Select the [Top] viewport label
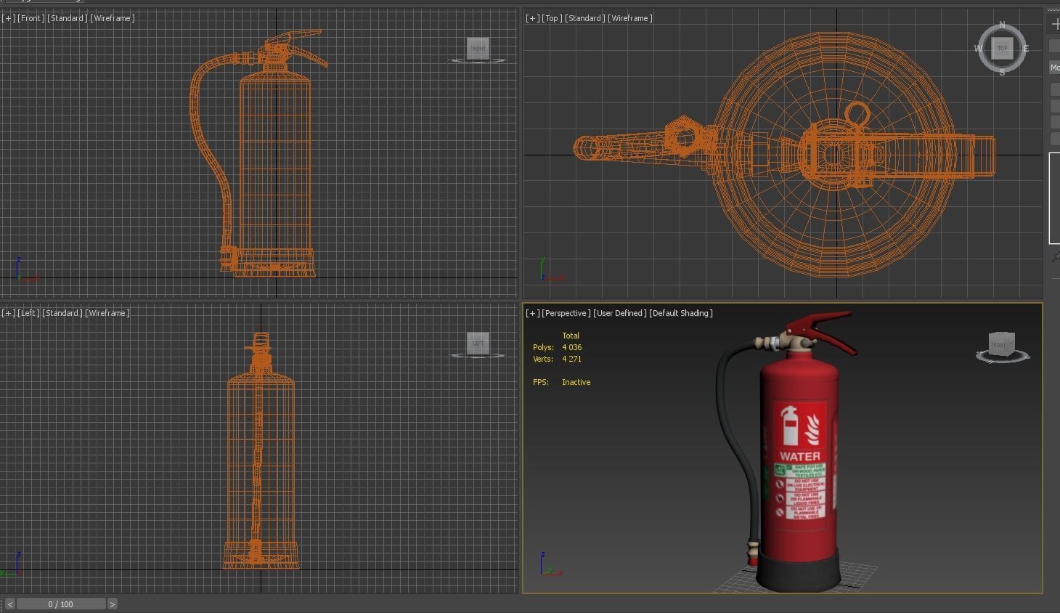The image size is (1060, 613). pos(551,18)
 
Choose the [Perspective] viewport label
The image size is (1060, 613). pos(566,313)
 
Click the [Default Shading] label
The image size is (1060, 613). pos(680,313)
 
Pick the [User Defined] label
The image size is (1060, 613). pos(619,313)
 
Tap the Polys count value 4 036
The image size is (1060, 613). pos(571,347)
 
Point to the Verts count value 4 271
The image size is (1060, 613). pos(571,359)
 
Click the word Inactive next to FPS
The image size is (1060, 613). pos(576,382)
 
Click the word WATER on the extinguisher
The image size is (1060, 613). pos(799,456)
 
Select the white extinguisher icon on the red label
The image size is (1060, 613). pos(789,426)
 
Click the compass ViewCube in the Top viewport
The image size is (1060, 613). pos(1002,49)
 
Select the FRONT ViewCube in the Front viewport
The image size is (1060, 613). pos(478,49)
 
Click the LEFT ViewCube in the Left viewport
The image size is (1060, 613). pos(478,343)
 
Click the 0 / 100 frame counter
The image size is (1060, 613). pos(61,604)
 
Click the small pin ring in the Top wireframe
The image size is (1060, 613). pos(857,114)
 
